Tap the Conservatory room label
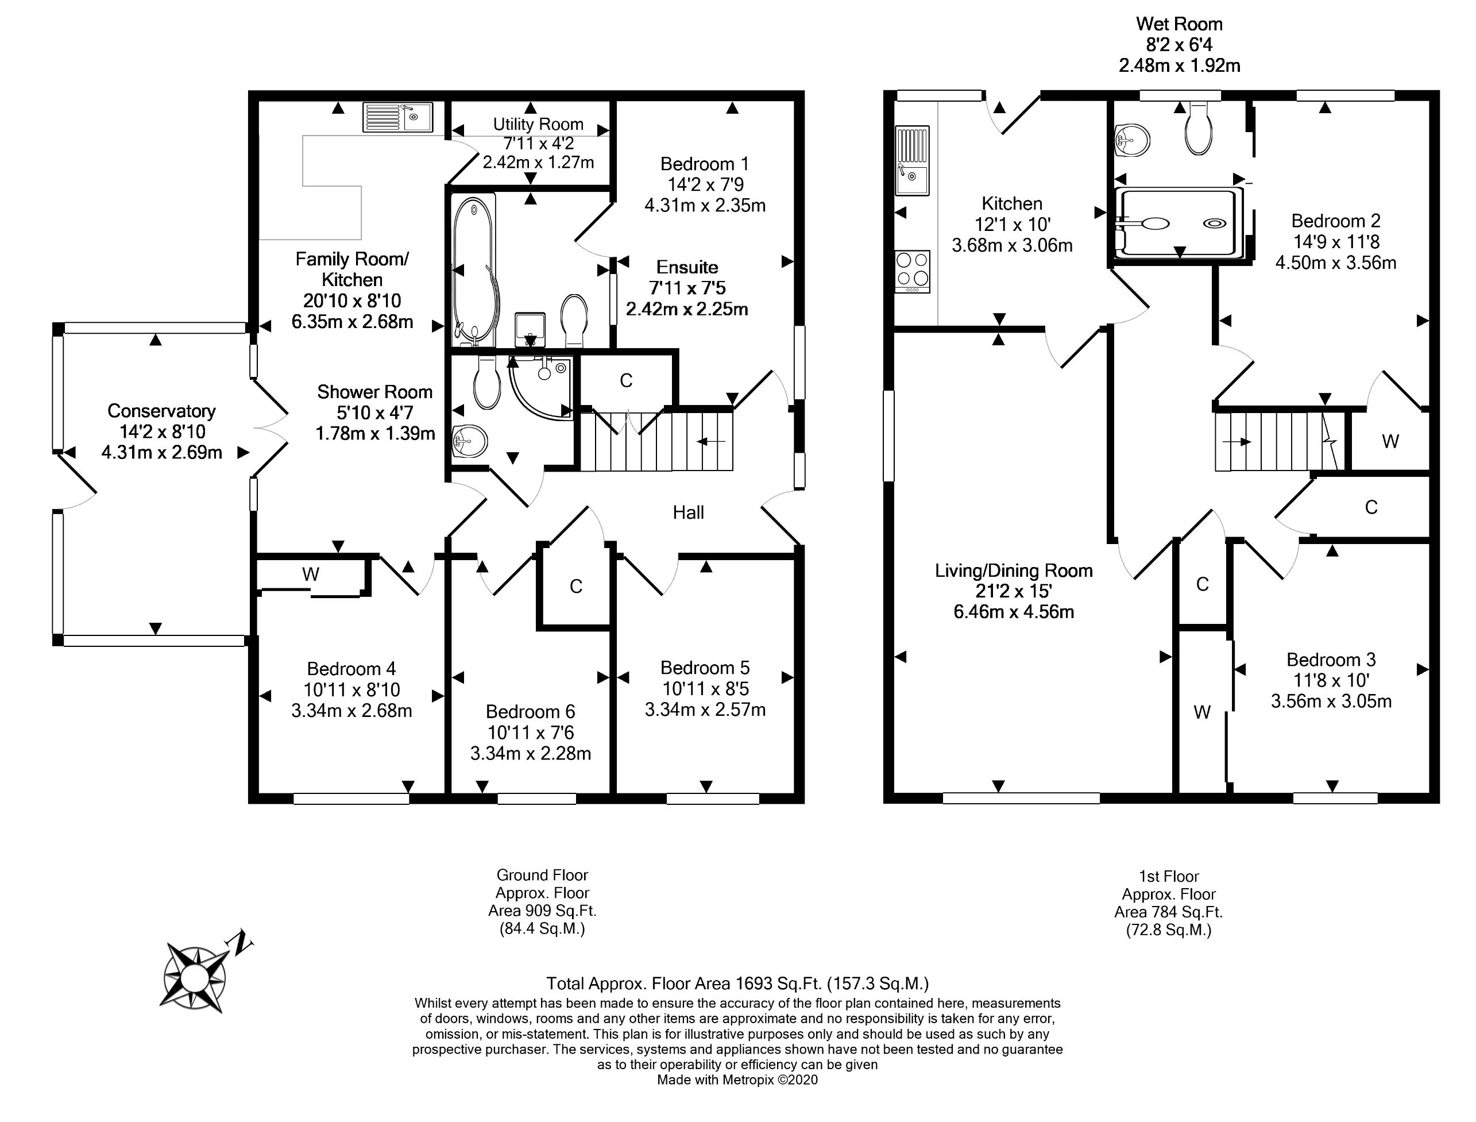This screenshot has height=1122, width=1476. pyautogui.click(x=161, y=411)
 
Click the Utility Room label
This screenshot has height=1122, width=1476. pyautogui.click(x=538, y=124)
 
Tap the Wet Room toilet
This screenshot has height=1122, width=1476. pyautogui.click(x=1198, y=130)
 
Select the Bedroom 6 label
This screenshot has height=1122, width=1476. pyautogui.click(x=530, y=711)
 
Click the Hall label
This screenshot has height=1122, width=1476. pyautogui.click(x=688, y=512)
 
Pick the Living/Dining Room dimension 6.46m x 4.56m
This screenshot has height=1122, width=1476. pyautogui.click(x=1013, y=612)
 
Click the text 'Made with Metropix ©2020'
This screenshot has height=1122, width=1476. pyautogui.click(x=737, y=1080)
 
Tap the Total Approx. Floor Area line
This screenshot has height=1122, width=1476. pyautogui.click(x=737, y=983)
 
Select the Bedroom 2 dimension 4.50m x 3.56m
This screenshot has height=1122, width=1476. pyautogui.click(x=1335, y=263)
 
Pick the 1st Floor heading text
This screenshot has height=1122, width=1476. pyautogui.click(x=1168, y=876)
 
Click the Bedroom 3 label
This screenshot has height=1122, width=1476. pyautogui.click(x=1331, y=660)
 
